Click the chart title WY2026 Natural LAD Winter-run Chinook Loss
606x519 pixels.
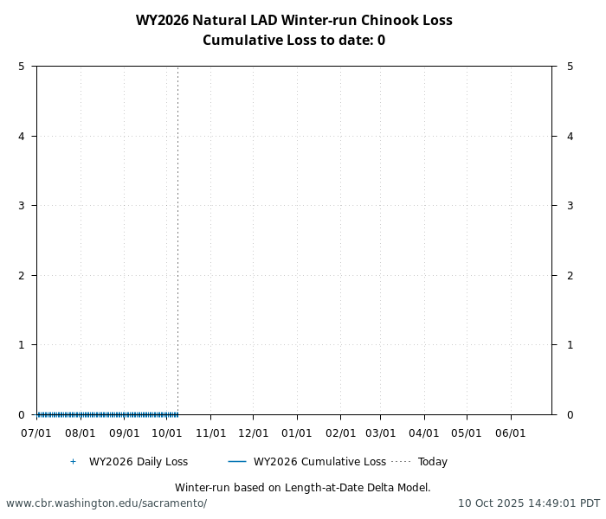pos(293,21)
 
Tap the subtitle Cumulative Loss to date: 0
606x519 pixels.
pos(293,41)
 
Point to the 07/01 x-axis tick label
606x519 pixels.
pos(36,432)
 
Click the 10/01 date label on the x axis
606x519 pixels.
pos(166,432)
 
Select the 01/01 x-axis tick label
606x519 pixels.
pos(297,432)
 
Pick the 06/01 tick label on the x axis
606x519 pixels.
pos(510,432)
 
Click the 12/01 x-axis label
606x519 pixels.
pos(253,432)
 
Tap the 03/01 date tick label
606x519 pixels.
pos(380,432)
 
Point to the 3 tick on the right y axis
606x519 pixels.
pos(570,206)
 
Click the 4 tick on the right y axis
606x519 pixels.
pos(570,136)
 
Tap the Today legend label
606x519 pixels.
pos(432,462)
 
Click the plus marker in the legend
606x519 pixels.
pos(73,462)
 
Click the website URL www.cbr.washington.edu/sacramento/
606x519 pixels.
pos(106,503)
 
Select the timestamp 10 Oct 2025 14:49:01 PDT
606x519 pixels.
pos(528,503)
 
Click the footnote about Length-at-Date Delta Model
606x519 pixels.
pos(302,488)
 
